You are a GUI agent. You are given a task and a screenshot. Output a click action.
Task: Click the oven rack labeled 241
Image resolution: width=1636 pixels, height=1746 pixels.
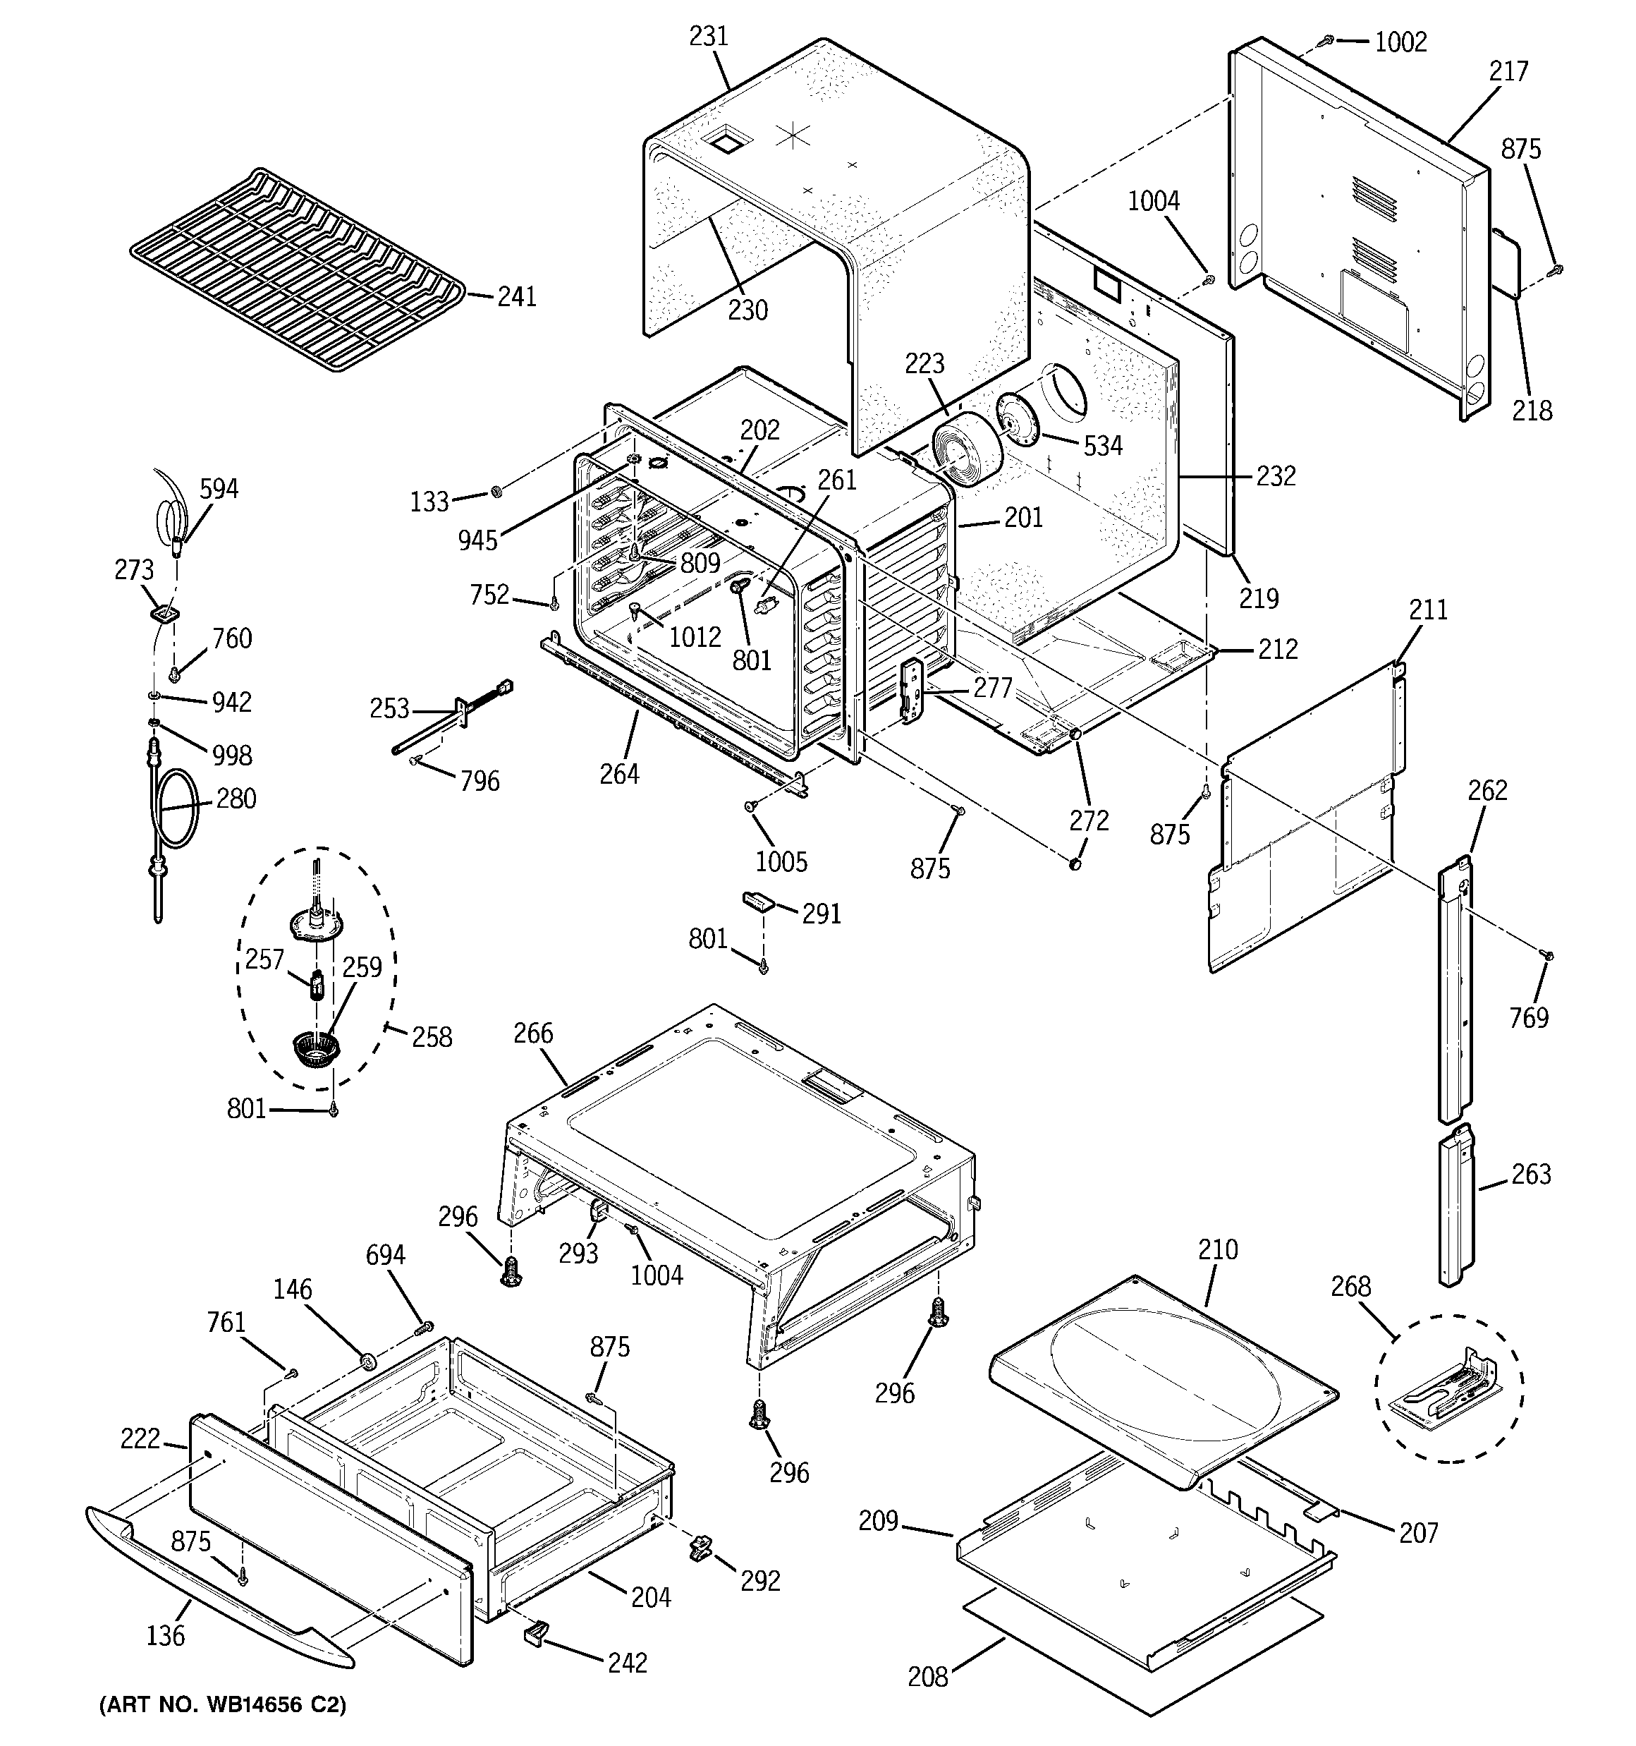tap(298, 268)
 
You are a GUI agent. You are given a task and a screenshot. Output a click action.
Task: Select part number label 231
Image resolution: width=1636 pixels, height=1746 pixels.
tap(708, 36)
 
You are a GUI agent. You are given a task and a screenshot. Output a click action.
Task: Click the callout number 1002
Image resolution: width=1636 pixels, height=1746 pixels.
tap(1400, 42)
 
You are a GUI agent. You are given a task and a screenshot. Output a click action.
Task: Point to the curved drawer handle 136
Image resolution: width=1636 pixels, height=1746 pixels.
tap(219, 1594)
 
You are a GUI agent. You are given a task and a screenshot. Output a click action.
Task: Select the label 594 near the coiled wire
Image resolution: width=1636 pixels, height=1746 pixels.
tap(219, 488)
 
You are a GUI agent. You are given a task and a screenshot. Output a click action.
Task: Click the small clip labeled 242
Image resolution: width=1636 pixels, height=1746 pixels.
tap(536, 1631)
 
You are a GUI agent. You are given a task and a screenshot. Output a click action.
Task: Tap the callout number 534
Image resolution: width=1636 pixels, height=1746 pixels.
tap(1102, 446)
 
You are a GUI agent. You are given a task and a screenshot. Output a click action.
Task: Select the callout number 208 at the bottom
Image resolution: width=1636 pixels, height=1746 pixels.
tap(927, 1677)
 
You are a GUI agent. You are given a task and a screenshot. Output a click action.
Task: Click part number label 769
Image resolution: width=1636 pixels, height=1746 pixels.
tap(1528, 1017)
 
